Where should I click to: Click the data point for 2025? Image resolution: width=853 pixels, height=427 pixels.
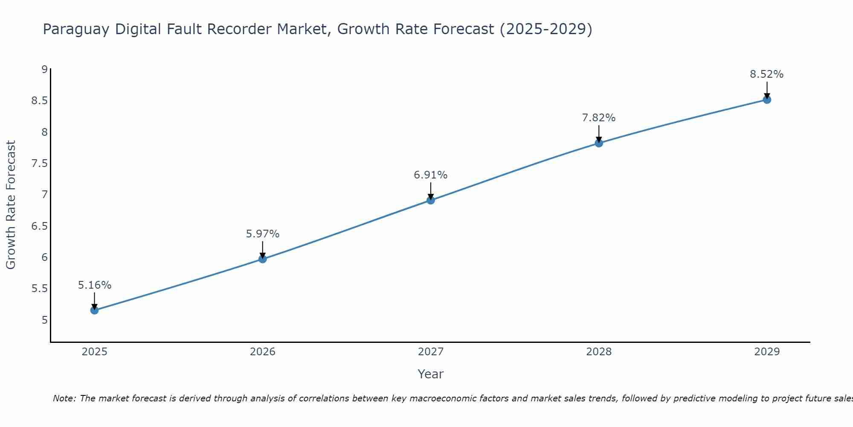(x=94, y=310)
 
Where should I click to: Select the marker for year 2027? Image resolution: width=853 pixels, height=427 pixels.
(x=431, y=200)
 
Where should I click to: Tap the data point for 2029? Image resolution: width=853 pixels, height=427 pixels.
(x=767, y=100)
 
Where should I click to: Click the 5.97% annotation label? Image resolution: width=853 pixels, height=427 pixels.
(x=263, y=234)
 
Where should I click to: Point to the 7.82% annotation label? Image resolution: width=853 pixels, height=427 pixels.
(x=599, y=118)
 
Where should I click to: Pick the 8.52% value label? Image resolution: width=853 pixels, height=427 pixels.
(x=767, y=74)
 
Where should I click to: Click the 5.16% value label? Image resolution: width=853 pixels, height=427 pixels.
(x=95, y=285)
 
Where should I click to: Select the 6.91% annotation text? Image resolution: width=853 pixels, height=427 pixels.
(x=431, y=175)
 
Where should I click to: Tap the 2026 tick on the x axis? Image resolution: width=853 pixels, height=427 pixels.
(x=263, y=352)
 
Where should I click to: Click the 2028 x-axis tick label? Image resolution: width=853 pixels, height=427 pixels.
(x=599, y=352)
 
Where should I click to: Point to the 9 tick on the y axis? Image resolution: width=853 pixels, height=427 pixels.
(x=44, y=69)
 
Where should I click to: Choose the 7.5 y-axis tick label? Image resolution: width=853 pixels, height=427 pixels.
(x=40, y=164)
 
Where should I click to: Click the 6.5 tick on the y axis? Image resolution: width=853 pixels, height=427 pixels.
(x=40, y=226)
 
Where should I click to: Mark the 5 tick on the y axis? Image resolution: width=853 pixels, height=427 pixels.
(x=44, y=320)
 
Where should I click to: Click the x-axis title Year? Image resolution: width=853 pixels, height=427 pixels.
(x=431, y=374)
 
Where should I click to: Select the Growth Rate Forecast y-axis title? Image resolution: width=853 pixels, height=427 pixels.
(x=11, y=205)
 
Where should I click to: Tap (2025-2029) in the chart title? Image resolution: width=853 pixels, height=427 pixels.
(x=545, y=29)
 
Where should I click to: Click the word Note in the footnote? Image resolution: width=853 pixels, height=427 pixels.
(x=64, y=398)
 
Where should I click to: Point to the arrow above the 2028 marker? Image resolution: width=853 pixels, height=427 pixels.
(x=599, y=134)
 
